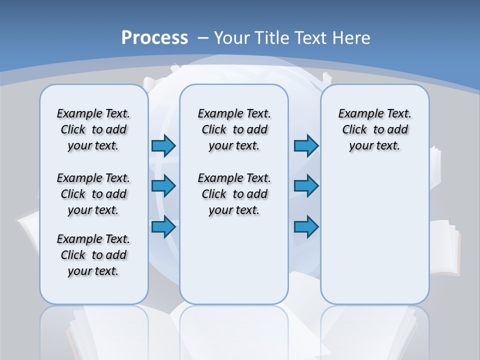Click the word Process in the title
(154, 38)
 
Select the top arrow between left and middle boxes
(163, 145)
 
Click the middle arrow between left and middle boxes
(163, 186)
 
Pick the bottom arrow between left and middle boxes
(163, 226)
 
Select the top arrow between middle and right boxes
(306, 145)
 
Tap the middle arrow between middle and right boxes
(306, 186)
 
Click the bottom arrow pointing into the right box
(306, 226)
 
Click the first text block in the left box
(93, 129)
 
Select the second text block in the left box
(93, 194)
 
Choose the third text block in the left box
(93, 255)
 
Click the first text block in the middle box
(234, 129)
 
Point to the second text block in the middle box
(234, 194)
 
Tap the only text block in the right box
(374, 129)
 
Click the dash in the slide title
(203, 38)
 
